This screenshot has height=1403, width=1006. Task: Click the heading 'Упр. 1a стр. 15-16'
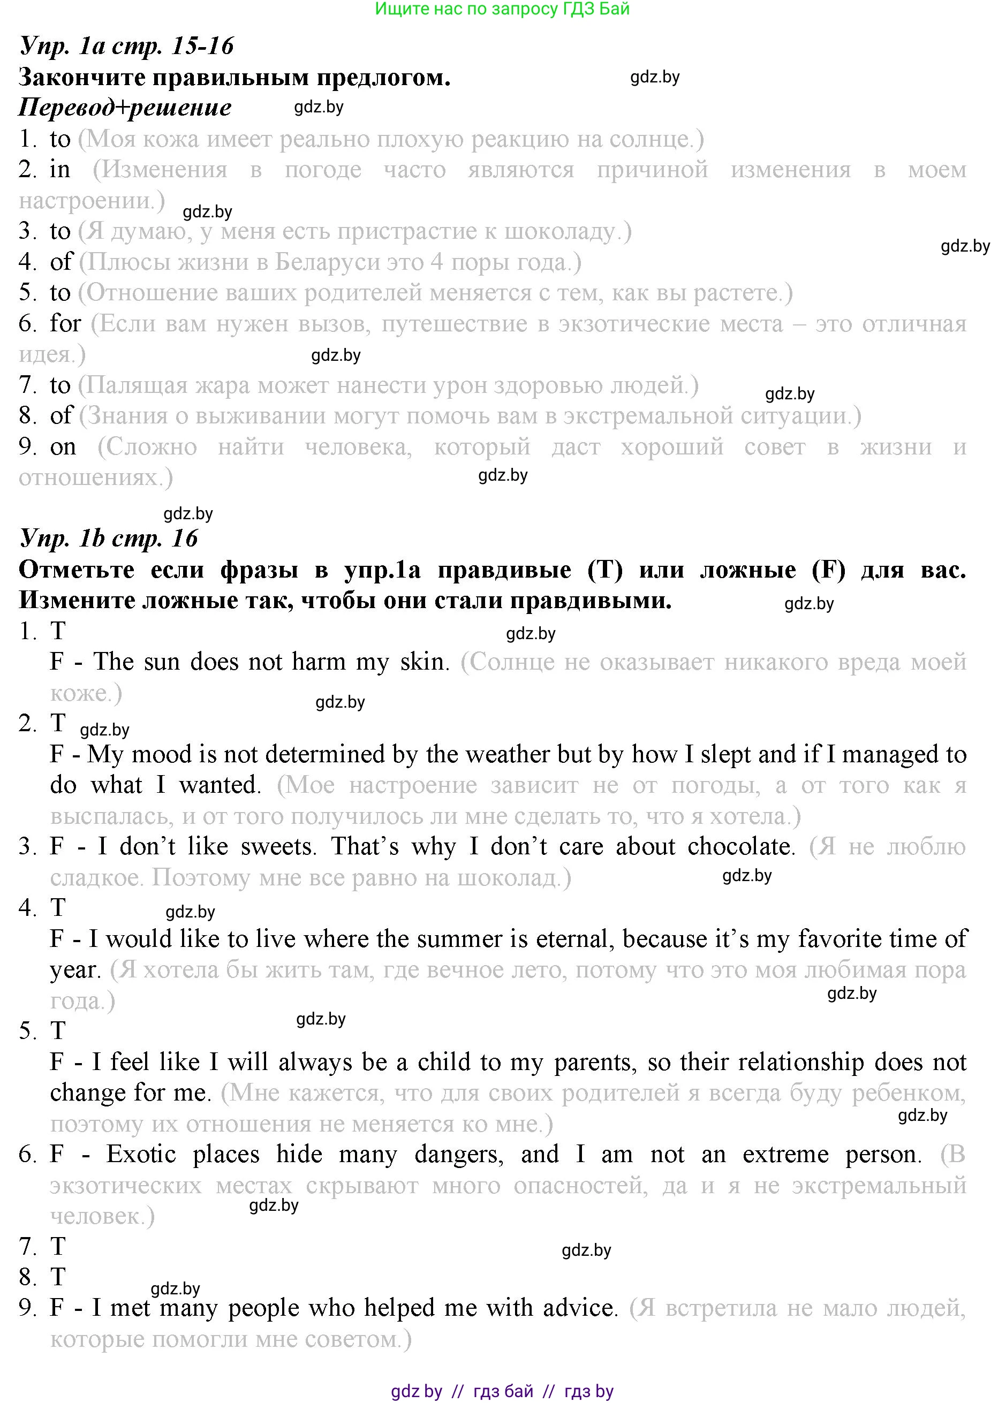(x=127, y=47)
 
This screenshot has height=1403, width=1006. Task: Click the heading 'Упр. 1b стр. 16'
(x=109, y=538)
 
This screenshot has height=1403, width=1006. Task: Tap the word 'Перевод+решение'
(x=125, y=108)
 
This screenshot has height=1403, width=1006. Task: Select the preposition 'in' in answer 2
(x=60, y=170)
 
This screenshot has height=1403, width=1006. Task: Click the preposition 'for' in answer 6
(x=65, y=323)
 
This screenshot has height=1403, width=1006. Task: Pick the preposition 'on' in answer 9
(x=63, y=446)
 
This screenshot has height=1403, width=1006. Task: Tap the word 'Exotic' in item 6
(x=141, y=1154)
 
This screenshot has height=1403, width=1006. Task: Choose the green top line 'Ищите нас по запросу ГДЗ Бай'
(x=502, y=9)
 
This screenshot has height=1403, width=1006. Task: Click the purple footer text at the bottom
(x=502, y=1392)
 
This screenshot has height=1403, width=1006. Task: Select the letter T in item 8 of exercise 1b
(x=58, y=1277)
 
